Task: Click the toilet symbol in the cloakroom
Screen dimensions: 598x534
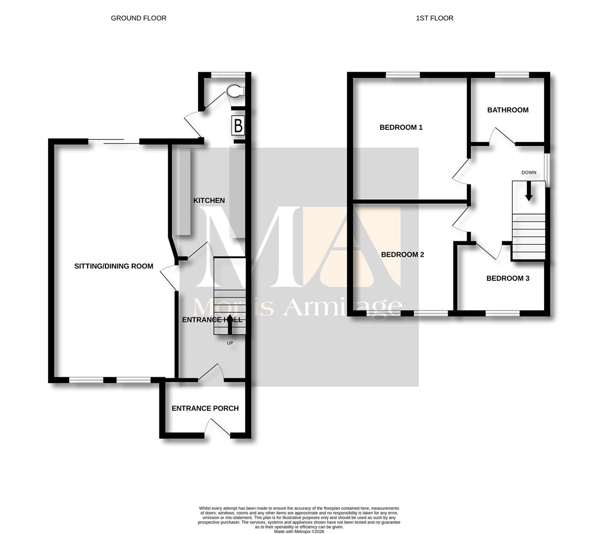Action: (x=236, y=91)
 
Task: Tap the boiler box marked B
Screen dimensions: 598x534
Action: (x=238, y=126)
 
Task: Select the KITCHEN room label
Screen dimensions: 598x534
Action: (x=209, y=201)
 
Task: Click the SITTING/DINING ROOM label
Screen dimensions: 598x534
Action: (x=114, y=267)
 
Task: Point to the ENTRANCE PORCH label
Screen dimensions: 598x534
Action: (x=205, y=408)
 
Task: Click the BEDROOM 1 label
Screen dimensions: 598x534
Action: (x=401, y=128)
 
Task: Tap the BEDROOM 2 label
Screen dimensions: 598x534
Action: (x=402, y=255)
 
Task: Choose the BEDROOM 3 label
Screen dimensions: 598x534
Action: (x=508, y=278)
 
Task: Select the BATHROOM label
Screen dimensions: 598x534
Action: (x=508, y=110)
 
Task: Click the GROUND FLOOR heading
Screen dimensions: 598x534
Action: (x=139, y=18)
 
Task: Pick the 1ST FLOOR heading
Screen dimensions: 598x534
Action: (x=435, y=18)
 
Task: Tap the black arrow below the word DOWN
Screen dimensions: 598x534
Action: (x=529, y=191)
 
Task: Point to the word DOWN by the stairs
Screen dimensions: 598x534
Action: (x=529, y=173)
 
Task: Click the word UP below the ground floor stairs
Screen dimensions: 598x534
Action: (x=230, y=343)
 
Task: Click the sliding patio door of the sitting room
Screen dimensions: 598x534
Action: (x=114, y=141)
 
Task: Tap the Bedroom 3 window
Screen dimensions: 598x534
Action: (x=502, y=313)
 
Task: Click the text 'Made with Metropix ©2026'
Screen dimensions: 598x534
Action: (x=299, y=532)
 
